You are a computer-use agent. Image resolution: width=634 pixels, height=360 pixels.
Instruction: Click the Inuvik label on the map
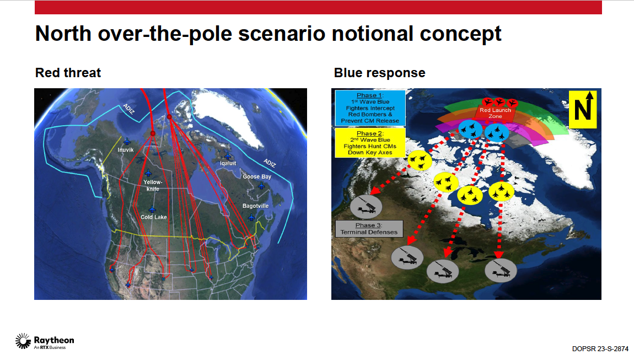(x=125, y=149)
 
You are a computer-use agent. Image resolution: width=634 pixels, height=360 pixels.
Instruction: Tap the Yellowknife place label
(x=153, y=185)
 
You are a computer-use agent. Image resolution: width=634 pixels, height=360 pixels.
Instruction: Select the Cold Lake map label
(x=154, y=217)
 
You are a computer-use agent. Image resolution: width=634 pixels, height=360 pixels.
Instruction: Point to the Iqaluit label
(x=228, y=163)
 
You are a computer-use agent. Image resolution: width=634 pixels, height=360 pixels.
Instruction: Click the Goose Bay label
(x=257, y=177)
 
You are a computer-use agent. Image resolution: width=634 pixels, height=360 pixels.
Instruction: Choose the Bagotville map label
(x=256, y=206)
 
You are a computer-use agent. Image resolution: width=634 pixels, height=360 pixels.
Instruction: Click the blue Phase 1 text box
(x=370, y=108)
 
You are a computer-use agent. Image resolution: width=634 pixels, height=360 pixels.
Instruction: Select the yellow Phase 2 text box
(x=370, y=143)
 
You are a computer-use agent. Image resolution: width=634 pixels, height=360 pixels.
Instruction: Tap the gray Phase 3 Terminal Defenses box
(x=369, y=229)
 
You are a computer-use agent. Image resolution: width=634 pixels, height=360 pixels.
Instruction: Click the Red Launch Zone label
(x=495, y=113)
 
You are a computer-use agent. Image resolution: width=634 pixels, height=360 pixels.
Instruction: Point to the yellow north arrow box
(x=583, y=110)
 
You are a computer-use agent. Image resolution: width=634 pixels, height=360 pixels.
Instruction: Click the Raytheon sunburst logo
(x=23, y=341)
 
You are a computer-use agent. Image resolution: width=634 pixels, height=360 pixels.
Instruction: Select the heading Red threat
(x=68, y=73)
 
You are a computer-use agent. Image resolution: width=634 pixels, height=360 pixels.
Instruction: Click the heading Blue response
(x=380, y=73)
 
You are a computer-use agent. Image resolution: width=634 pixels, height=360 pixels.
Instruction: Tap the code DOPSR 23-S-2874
(x=600, y=348)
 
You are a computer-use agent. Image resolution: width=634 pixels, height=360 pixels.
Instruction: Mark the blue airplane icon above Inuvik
(x=127, y=141)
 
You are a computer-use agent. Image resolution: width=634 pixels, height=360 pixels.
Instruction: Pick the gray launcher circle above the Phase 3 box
(x=366, y=206)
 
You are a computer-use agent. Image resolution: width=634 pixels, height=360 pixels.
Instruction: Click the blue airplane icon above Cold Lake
(x=152, y=209)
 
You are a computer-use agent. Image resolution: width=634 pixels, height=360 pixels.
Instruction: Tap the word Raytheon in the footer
(x=54, y=340)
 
